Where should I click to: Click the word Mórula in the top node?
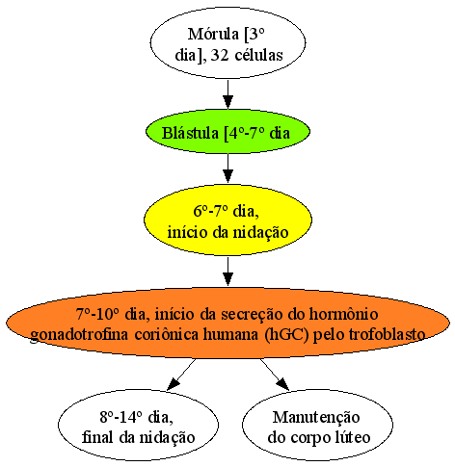pyautogui.click(x=213, y=34)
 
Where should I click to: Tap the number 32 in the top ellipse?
pyautogui.click(x=220, y=55)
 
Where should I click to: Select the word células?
pyautogui.click(x=258, y=55)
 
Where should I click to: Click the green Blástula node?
pyautogui.click(x=227, y=132)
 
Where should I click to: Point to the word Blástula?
pyautogui.click(x=190, y=133)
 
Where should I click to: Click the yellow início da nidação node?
pyautogui.click(x=227, y=220)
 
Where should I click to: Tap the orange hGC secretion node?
pyautogui.click(x=227, y=323)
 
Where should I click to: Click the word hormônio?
pyautogui.click(x=343, y=314)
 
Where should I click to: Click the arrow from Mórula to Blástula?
pyautogui.click(x=227, y=94)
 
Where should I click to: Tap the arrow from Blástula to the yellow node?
pyautogui.click(x=227, y=169)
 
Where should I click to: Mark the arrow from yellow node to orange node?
pyautogui.click(x=227, y=272)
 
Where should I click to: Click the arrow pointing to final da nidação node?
pyautogui.click(x=181, y=375)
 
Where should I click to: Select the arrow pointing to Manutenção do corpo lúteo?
pyautogui.click(x=275, y=375)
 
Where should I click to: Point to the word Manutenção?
pyautogui.click(x=316, y=417)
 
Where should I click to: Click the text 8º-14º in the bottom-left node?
pyautogui.click(x=120, y=417)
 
